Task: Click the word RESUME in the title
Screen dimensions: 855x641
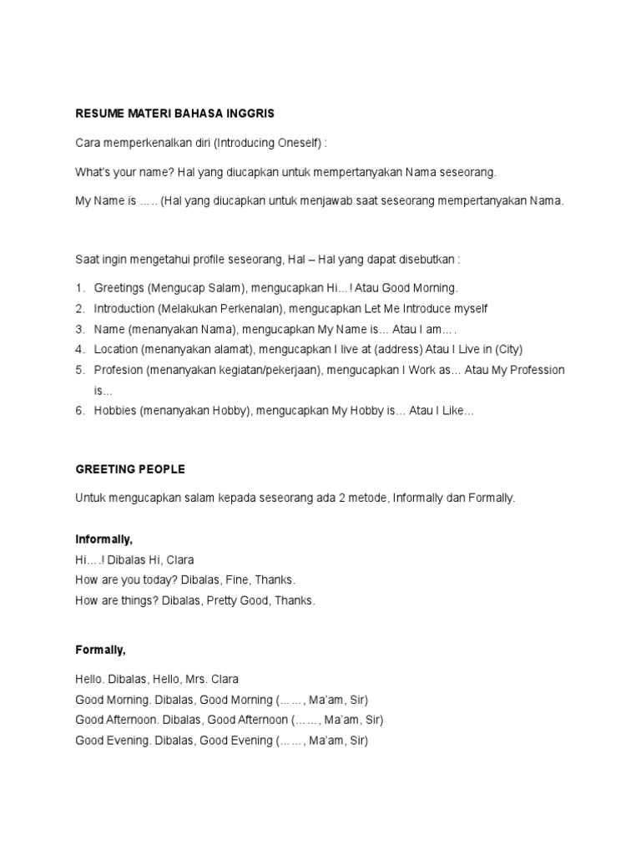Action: pos(98,113)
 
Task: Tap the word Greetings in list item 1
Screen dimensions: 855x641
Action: pos(119,288)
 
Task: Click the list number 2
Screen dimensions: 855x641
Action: pos(80,309)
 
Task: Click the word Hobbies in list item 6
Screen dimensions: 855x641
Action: pos(114,411)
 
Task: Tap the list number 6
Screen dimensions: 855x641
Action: pos(80,411)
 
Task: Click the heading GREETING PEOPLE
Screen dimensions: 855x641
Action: pos(130,469)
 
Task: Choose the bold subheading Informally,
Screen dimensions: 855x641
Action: pos(104,540)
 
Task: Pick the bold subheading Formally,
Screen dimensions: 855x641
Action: pos(100,649)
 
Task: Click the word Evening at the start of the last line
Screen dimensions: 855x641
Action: pos(128,741)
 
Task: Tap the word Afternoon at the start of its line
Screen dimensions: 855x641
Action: pos(132,720)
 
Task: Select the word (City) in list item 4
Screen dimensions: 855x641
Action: pos(506,349)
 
